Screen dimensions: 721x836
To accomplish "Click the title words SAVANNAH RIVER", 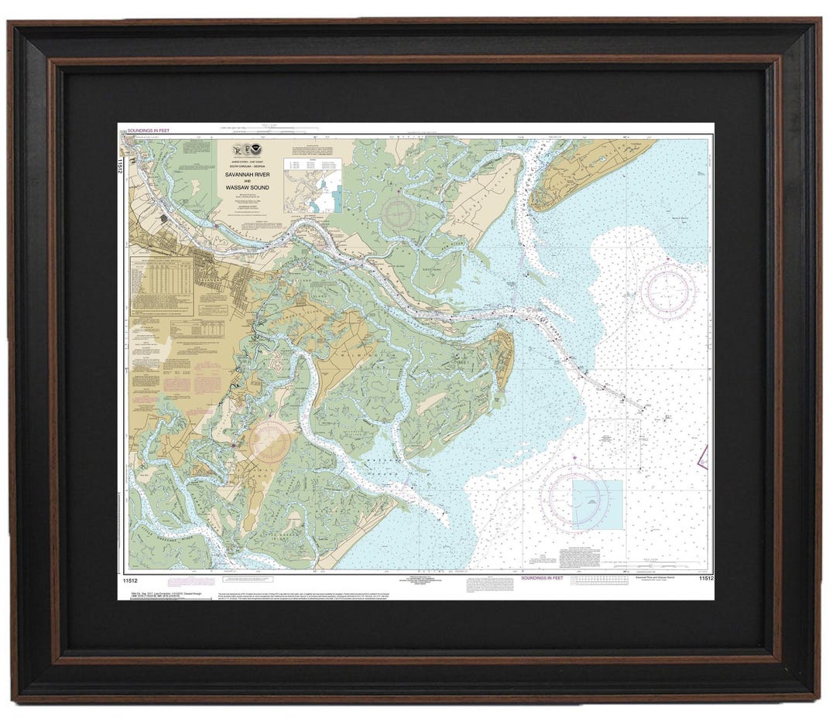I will tap(248, 175).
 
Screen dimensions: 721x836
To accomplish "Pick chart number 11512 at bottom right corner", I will tap(704, 578).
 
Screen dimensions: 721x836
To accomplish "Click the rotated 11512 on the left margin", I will tap(121, 164).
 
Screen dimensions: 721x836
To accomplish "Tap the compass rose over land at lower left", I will tap(270, 443).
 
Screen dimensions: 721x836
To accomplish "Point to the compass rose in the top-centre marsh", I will tap(400, 212).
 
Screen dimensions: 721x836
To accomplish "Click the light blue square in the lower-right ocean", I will tap(598, 504).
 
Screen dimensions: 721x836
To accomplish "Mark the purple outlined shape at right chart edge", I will tap(704, 457).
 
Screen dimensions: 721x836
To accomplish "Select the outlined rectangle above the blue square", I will tap(614, 444).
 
